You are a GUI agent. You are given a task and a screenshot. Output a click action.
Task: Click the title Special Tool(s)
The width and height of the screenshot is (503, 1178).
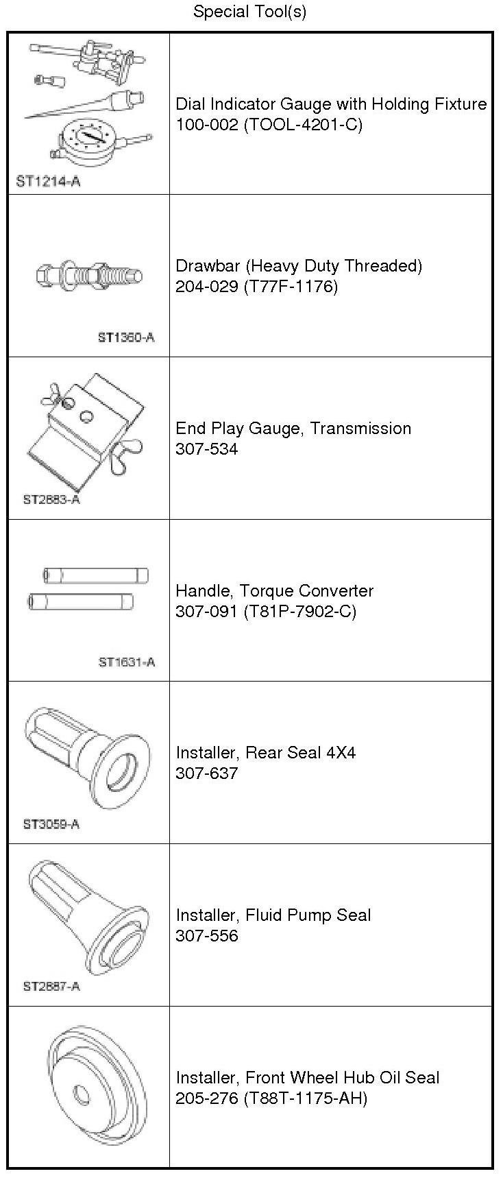click(x=249, y=12)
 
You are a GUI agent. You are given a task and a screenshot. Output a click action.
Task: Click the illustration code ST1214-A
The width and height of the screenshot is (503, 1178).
click(x=47, y=182)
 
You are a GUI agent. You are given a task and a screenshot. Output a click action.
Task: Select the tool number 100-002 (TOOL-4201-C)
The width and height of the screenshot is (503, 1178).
click(x=269, y=124)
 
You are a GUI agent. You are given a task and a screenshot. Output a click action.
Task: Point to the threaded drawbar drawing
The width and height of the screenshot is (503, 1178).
click(x=89, y=276)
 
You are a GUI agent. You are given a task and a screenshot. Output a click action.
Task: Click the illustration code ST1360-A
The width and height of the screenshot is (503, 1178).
click(x=126, y=337)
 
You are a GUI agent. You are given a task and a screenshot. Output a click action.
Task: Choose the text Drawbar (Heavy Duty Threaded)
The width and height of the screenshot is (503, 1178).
click(x=299, y=265)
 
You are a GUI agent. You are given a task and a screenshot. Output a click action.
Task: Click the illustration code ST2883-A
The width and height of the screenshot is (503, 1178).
click(x=51, y=499)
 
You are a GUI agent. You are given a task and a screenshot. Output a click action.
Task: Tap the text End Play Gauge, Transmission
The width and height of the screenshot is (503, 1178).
click(x=293, y=428)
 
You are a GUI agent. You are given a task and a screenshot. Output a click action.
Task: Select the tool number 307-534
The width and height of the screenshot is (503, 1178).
click(x=207, y=449)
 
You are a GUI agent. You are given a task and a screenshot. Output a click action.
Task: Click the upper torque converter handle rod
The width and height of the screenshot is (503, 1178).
click(x=95, y=575)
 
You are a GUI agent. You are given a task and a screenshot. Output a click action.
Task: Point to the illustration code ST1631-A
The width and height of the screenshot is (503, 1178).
click(x=127, y=662)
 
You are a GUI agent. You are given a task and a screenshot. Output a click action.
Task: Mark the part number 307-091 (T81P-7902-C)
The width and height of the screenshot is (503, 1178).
click(x=266, y=611)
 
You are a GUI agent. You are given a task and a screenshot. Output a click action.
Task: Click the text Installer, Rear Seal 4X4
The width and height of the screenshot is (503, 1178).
click(x=266, y=752)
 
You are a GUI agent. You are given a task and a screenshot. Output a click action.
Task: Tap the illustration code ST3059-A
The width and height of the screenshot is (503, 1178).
click(x=51, y=824)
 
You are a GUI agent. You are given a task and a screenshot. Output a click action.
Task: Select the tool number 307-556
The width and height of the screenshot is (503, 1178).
click(x=207, y=935)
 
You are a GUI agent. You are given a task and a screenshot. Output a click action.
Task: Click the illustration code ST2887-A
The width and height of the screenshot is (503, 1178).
click(x=51, y=986)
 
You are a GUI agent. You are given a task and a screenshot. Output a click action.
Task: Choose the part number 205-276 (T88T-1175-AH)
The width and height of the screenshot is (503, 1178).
click(x=271, y=1098)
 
